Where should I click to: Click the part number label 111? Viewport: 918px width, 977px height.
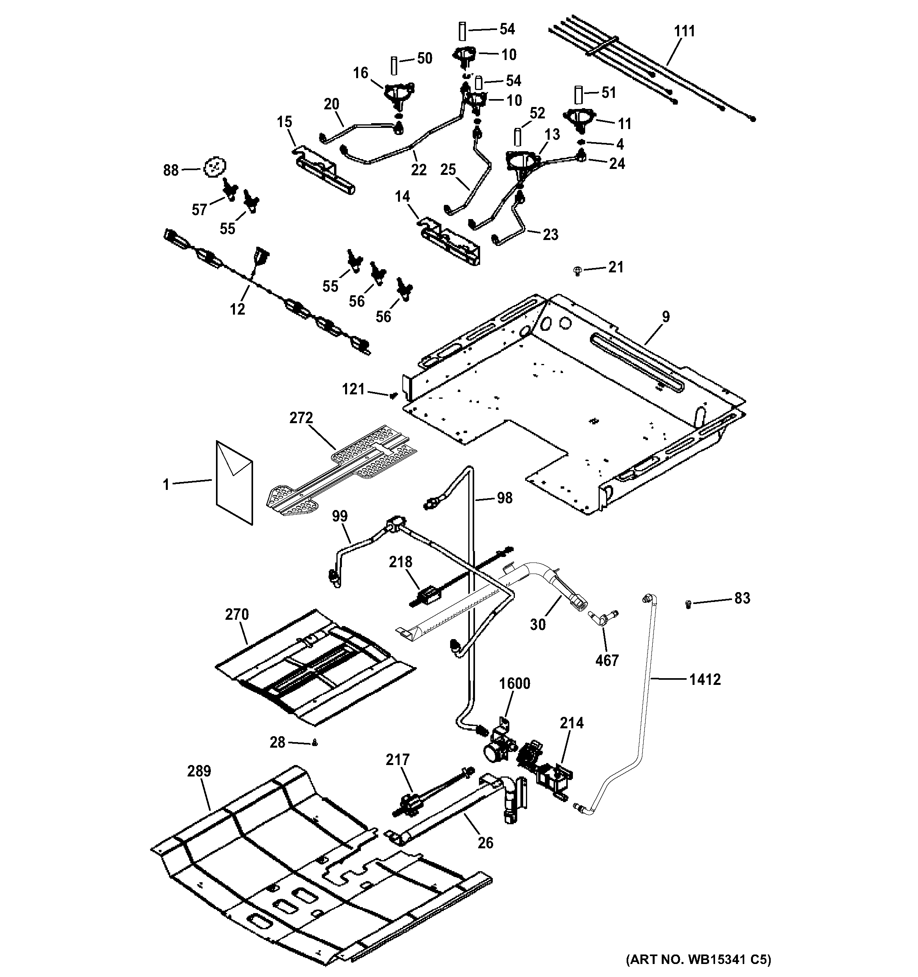(x=684, y=31)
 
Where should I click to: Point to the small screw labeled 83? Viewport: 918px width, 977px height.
(x=688, y=603)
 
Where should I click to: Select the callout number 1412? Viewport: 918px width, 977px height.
(x=705, y=680)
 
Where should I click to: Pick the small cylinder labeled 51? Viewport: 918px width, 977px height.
(x=579, y=94)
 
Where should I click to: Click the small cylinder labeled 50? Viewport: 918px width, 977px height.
(x=394, y=65)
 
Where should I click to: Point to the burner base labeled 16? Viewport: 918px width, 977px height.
(x=399, y=94)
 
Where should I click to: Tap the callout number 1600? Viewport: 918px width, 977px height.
(x=514, y=683)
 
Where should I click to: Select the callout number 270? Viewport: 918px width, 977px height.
(x=237, y=614)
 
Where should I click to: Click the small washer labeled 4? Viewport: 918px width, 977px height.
(x=581, y=142)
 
